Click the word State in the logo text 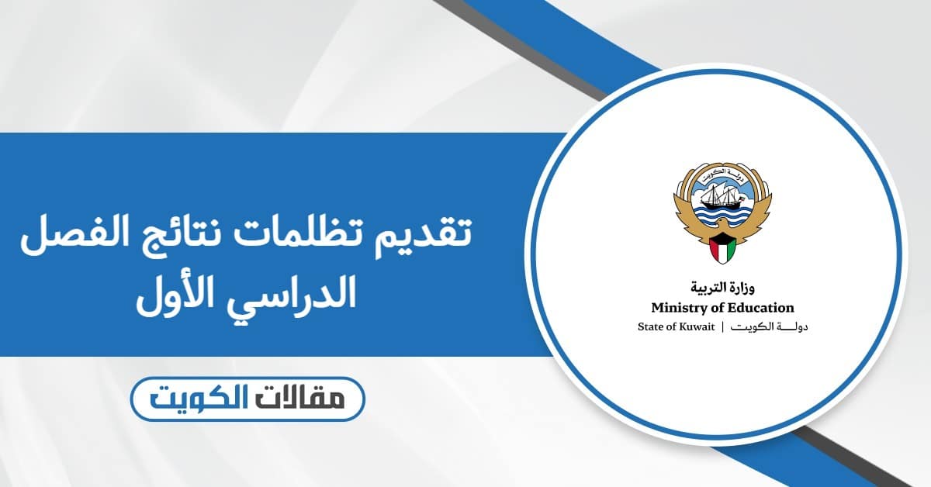click(x=649, y=326)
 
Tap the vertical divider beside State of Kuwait click(x=723, y=326)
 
